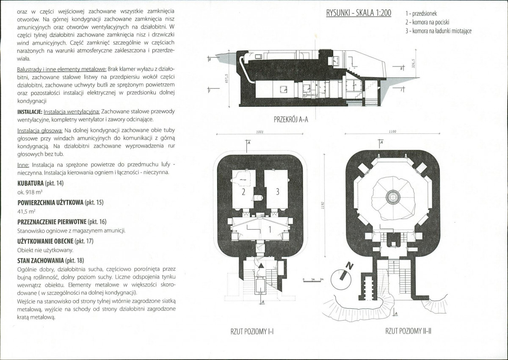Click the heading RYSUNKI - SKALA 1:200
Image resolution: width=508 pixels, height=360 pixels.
[359, 13]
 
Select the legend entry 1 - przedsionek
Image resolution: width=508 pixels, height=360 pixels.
[421, 14]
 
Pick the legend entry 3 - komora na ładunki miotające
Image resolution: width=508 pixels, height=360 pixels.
[439, 31]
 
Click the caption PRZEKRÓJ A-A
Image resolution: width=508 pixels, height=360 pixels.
[291, 119]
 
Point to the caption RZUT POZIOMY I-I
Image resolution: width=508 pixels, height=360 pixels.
[252, 332]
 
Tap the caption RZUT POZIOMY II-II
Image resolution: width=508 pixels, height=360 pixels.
[408, 331]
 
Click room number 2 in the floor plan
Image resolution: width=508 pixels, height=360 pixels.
[243, 192]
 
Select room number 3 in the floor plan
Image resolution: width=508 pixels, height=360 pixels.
[277, 192]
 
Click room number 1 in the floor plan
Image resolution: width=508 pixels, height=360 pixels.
[270, 230]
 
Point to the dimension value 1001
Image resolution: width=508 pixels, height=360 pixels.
[260, 132]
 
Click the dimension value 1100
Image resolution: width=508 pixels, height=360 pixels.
[392, 131]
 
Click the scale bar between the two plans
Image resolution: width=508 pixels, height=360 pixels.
[314, 281]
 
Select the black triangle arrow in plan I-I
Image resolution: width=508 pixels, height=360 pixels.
[261, 266]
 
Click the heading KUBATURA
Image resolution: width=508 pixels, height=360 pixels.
[30, 183]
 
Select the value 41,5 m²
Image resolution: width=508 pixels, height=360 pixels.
[26, 211]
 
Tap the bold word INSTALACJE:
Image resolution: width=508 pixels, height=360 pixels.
[30, 112]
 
